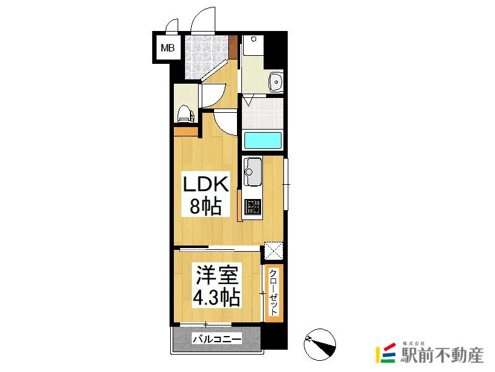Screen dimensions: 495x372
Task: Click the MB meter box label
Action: pyautogui.click(x=167, y=48)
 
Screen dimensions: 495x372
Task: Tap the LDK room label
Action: pyautogui.click(x=206, y=184)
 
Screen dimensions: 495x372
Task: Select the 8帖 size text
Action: pyautogui.click(x=205, y=206)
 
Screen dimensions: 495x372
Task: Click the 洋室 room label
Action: pyautogui.click(x=217, y=275)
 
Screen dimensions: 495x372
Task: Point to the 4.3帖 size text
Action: pyautogui.click(x=217, y=297)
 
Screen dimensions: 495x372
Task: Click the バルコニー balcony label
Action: pyautogui.click(x=217, y=339)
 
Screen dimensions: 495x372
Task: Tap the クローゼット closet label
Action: pyautogui.click(x=273, y=292)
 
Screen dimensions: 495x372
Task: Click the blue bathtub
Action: pyautogui.click(x=262, y=141)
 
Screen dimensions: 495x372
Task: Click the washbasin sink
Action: pyautogui.click(x=276, y=82)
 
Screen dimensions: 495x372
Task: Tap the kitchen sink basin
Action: pyautogui.click(x=252, y=172)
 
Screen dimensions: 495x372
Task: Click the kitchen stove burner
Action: pyautogui.click(x=253, y=206)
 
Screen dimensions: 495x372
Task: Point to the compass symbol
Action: pyautogui.click(x=319, y=345)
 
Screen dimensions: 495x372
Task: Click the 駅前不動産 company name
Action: pyautogui.click(x=442, y=355)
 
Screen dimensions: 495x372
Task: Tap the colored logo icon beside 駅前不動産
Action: pyautogui.click(x=385, y=353)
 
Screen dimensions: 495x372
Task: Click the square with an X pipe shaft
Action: pyautogui.click(x=273, y=250)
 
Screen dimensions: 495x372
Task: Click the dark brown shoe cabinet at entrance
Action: pyautogui.click(x=233, y=47)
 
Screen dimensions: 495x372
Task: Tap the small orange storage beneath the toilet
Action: pyautogui.click(x=186, y=131)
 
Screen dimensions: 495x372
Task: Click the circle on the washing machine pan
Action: pyautogui.click(x=254, y=39)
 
